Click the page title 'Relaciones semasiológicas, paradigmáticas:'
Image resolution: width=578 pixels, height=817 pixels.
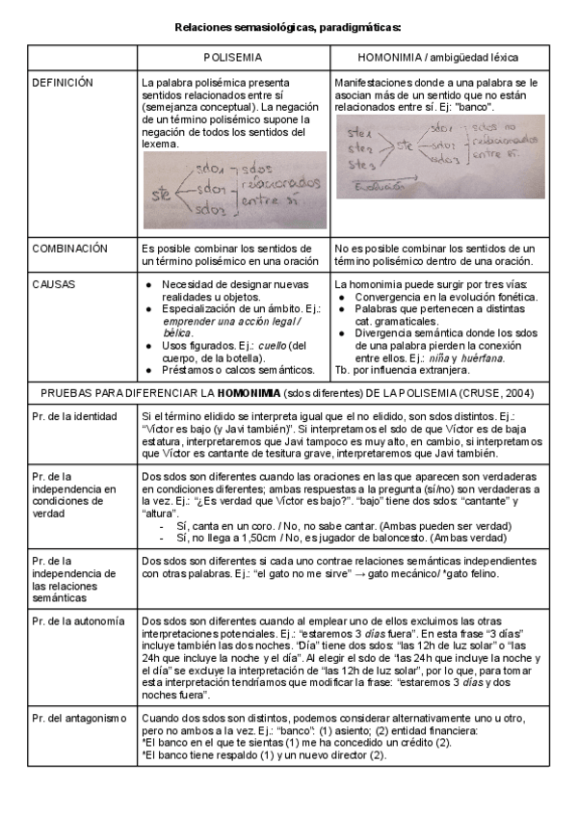click(x=288, y=30)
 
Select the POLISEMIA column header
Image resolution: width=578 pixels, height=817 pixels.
click(x=233, y=58)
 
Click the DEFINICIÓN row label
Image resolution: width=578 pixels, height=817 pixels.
click(x=63, y=83)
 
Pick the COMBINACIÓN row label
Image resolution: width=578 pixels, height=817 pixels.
click(x=70, y=248)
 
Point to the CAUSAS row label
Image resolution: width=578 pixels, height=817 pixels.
click(x=53, y=285)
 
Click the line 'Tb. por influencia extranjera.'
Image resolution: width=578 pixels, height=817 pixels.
click(x=403, y=370)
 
